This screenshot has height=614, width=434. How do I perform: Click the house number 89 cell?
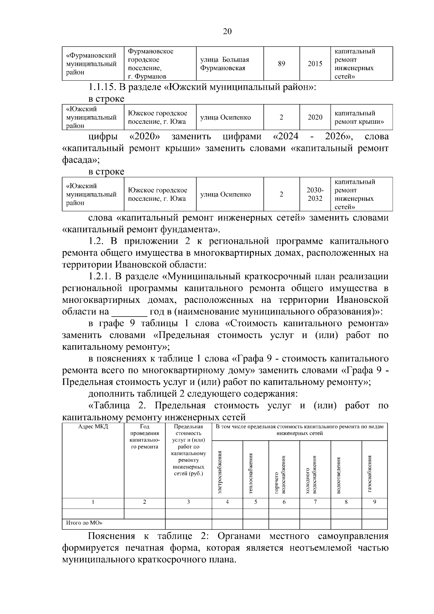281,64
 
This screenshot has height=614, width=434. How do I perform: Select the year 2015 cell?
315,64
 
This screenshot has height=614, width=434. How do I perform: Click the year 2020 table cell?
315,117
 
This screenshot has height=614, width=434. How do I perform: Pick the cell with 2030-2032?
315,194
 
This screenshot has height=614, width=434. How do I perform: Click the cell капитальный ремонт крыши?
359,118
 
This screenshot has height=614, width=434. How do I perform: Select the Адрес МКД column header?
93,427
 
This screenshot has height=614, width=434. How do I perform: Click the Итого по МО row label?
84,523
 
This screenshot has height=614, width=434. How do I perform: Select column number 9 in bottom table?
374,502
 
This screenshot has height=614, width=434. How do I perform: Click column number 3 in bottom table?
188,502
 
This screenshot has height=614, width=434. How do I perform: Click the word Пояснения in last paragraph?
111,536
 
